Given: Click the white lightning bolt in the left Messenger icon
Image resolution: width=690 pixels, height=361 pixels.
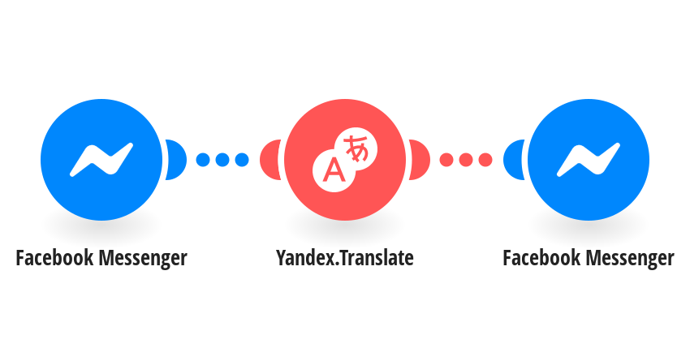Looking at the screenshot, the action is coord(101,160).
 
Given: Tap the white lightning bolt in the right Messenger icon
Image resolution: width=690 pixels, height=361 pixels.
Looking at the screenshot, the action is coord(589,160).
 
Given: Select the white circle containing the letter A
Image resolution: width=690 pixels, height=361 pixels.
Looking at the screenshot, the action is coord(334,170).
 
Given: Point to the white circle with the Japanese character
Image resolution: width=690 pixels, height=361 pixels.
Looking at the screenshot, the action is coord(356,148).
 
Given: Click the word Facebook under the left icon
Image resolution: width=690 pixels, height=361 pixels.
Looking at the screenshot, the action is coord(54,258).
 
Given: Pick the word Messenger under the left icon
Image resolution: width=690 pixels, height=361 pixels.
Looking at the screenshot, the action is coord(143,259).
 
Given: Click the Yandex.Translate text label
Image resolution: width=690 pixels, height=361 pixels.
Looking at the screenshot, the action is coord(344,258).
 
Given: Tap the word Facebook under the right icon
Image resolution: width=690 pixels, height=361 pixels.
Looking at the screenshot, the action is coord(541,258).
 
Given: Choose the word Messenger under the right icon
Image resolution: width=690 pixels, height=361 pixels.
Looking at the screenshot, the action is coord(630,259).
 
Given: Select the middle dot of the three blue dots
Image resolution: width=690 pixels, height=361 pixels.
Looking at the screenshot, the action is coord(222,160).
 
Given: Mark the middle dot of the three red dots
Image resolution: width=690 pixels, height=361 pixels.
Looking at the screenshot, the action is coord(466,160).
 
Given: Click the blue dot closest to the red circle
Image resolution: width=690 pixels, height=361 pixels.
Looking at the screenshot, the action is coord(242,160).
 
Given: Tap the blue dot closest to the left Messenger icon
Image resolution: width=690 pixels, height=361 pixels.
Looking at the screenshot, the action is coord(203,160).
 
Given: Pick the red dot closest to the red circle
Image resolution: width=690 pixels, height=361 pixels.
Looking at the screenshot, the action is coord(446,160).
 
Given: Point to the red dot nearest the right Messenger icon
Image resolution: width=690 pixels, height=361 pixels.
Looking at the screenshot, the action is coord(485,160).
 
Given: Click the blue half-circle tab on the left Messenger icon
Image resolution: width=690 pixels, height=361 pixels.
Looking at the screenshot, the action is coord(175,160).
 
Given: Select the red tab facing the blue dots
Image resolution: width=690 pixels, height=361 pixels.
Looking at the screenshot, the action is coord(270,160).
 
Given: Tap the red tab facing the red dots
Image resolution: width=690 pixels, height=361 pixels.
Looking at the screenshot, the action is coord(419,160).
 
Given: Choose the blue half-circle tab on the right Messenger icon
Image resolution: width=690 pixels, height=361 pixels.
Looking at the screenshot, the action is coord(514,160).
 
